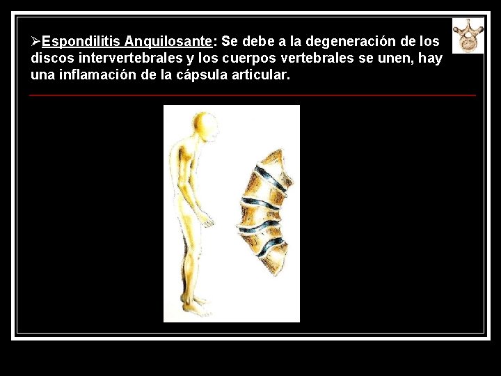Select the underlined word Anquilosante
[168, 42]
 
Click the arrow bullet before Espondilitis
[36, 42]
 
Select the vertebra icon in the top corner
[468, 36]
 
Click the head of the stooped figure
[205, 127]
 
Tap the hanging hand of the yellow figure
[207, 221]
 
